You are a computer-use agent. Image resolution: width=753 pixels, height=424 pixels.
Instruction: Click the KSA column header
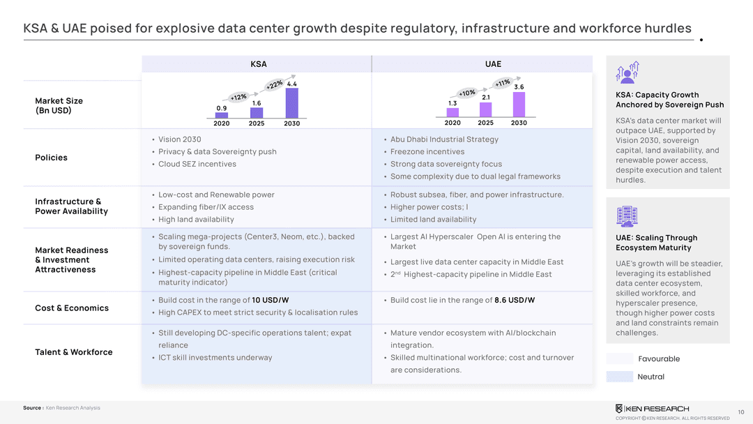tap(259, 64)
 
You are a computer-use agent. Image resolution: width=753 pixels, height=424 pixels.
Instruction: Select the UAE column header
tap(493, 64)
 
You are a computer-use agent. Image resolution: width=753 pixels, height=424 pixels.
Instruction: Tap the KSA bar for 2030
tap(291, 103)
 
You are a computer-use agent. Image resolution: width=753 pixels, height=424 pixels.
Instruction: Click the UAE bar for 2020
tap(452, 112)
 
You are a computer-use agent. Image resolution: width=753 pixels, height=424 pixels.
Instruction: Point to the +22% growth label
tap(274, 85)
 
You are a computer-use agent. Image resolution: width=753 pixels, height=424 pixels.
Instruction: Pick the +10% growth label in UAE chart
tap(466, 93)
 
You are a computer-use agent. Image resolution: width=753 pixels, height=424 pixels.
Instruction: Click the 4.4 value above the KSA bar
tap(291, 84)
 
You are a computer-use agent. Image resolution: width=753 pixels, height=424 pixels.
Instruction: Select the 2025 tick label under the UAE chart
tap(485, 123)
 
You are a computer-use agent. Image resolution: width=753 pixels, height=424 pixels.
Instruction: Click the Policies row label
tap(51, 158)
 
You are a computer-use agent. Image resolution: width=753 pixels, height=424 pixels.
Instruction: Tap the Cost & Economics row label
tap(72, 308)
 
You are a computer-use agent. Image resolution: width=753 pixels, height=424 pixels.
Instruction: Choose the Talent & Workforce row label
tap(73, 352)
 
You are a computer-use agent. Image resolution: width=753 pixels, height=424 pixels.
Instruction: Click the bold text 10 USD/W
tap(271, 300)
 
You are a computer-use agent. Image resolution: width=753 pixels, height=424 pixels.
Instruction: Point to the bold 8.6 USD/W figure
tap(515, 300)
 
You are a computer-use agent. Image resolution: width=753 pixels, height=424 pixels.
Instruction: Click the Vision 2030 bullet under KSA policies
tap(180, 139)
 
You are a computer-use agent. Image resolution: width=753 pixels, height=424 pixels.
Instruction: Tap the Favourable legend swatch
tap(620, 358)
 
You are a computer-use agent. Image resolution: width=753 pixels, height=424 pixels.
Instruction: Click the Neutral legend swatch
tap(620, 377)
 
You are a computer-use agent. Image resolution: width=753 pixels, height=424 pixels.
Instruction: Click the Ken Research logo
tap(652, 409)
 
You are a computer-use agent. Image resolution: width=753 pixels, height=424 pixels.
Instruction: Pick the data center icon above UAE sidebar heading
tap(627, 217)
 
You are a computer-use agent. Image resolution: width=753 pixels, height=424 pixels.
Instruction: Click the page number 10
tap(741, 412)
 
